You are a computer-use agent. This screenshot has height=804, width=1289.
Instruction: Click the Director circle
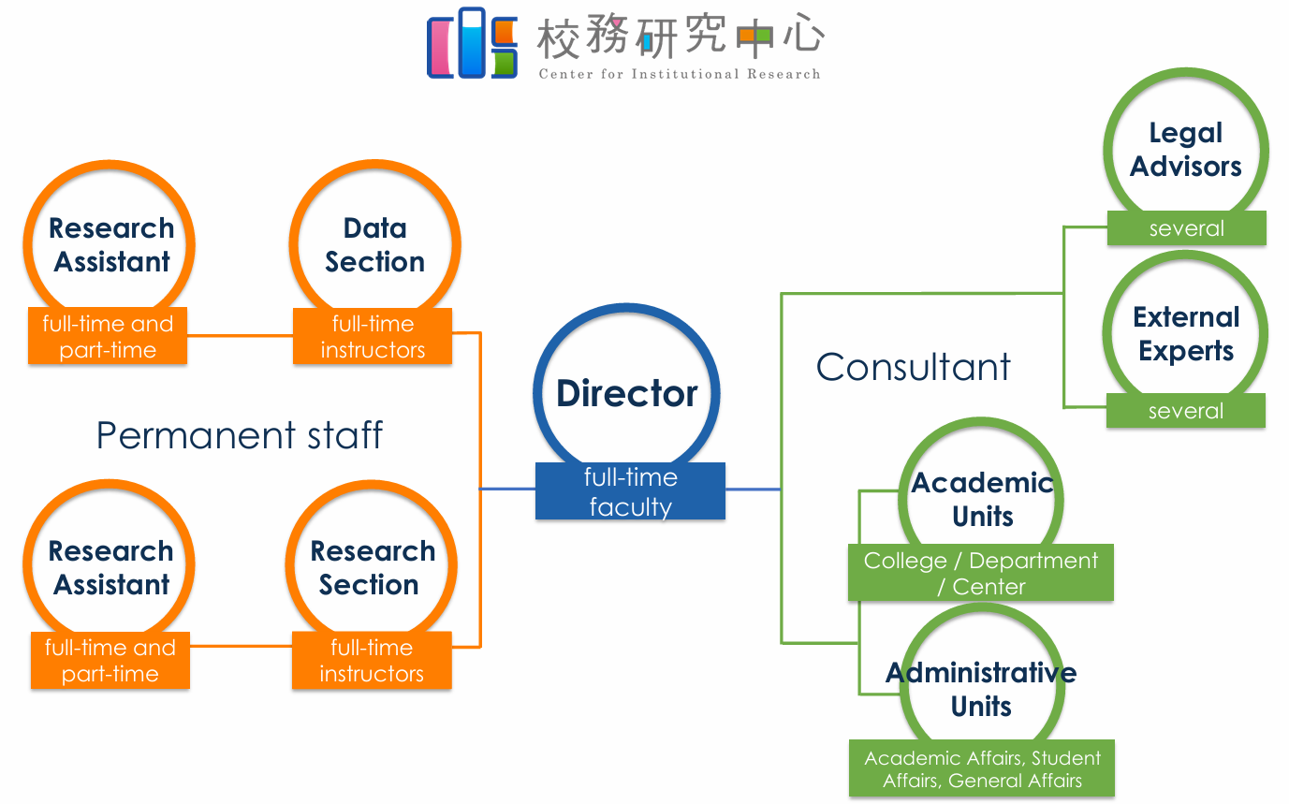[x=627, y=393]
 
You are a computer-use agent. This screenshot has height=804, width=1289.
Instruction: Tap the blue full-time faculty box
[x=630, y=491]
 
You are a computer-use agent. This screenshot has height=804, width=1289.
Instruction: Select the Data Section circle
[x=374, y=245]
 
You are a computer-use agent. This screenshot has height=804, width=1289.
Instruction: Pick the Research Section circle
[x=372, y=567]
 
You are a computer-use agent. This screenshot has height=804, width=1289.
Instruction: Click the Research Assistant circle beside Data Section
[x=110, y=245]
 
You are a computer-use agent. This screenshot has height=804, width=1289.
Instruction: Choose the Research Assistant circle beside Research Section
[x=110, y=567]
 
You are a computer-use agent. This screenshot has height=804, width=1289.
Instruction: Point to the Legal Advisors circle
[x=1185, y=150]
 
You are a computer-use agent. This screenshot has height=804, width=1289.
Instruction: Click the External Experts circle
[x=1185, y=333]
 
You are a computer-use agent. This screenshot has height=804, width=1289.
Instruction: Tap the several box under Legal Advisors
[x=1186, y=228]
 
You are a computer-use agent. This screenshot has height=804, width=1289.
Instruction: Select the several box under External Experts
[x=1185, y=411]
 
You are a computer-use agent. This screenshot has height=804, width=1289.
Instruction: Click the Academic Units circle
[x=982, y=500]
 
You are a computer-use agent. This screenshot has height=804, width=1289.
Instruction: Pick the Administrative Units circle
[x=981, y=689]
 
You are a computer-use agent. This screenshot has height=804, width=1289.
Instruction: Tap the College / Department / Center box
[x=980, y=573]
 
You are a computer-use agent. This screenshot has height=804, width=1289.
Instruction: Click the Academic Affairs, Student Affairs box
[x=982, y=768]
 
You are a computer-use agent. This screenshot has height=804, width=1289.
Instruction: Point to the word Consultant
[x=913, y=367]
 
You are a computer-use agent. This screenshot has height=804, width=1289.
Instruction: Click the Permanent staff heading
[x=240, y=436]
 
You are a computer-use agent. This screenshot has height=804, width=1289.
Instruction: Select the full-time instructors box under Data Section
[x=373, y=337]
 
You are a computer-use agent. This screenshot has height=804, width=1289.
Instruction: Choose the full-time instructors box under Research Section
[x=372, y=660]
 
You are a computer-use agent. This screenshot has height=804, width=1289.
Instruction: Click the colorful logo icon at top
[x=472, y=44]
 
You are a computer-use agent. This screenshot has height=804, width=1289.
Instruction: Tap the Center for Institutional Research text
[x=680, y=74]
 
